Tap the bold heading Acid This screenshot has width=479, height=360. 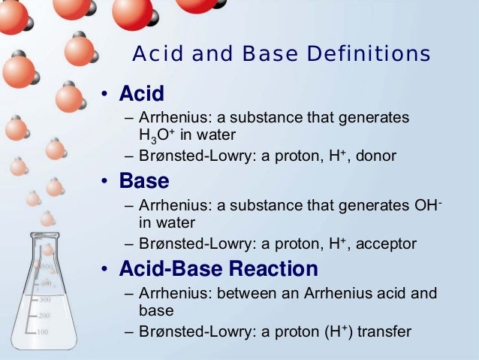click(x=142, y=95)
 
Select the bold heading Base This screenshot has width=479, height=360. click(x=144, y=181)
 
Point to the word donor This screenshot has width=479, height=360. click(x=376, y=156)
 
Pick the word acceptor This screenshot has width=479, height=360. click(x=386, y=243)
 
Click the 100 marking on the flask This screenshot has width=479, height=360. click(x=43, y=331)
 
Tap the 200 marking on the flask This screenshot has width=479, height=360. click(x=44, y=315)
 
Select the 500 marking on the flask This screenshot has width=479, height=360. click(x=44, y=268)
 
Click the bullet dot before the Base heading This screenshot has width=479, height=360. click(x=107, y=182)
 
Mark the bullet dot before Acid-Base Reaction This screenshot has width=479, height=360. click(x=107, y=269)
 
